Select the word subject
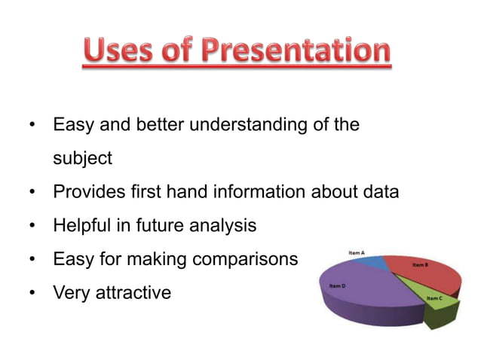82,159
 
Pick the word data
377,192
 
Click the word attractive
133,292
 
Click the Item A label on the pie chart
357,252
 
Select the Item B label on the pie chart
420,265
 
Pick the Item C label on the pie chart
434,298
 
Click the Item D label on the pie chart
338,286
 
